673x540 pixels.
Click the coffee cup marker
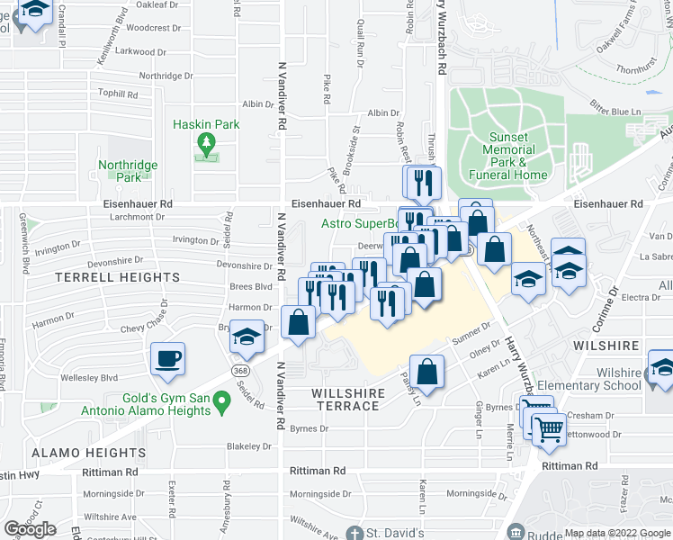coord(168,358)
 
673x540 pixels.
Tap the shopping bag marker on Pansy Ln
coord(429,370)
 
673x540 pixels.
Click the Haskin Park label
coord(207,124)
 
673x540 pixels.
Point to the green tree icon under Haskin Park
coord(207,143)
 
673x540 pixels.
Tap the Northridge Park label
coord(129,171)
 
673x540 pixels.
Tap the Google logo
coord(31,528)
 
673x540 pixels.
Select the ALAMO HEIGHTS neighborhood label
coord(77,453)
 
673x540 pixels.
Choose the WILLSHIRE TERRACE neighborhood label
coord(348,400)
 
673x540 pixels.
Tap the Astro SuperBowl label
coord(360,224)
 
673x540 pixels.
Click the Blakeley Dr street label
coord(249,445)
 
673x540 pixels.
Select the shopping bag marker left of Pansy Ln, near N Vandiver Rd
coord(298,321)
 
